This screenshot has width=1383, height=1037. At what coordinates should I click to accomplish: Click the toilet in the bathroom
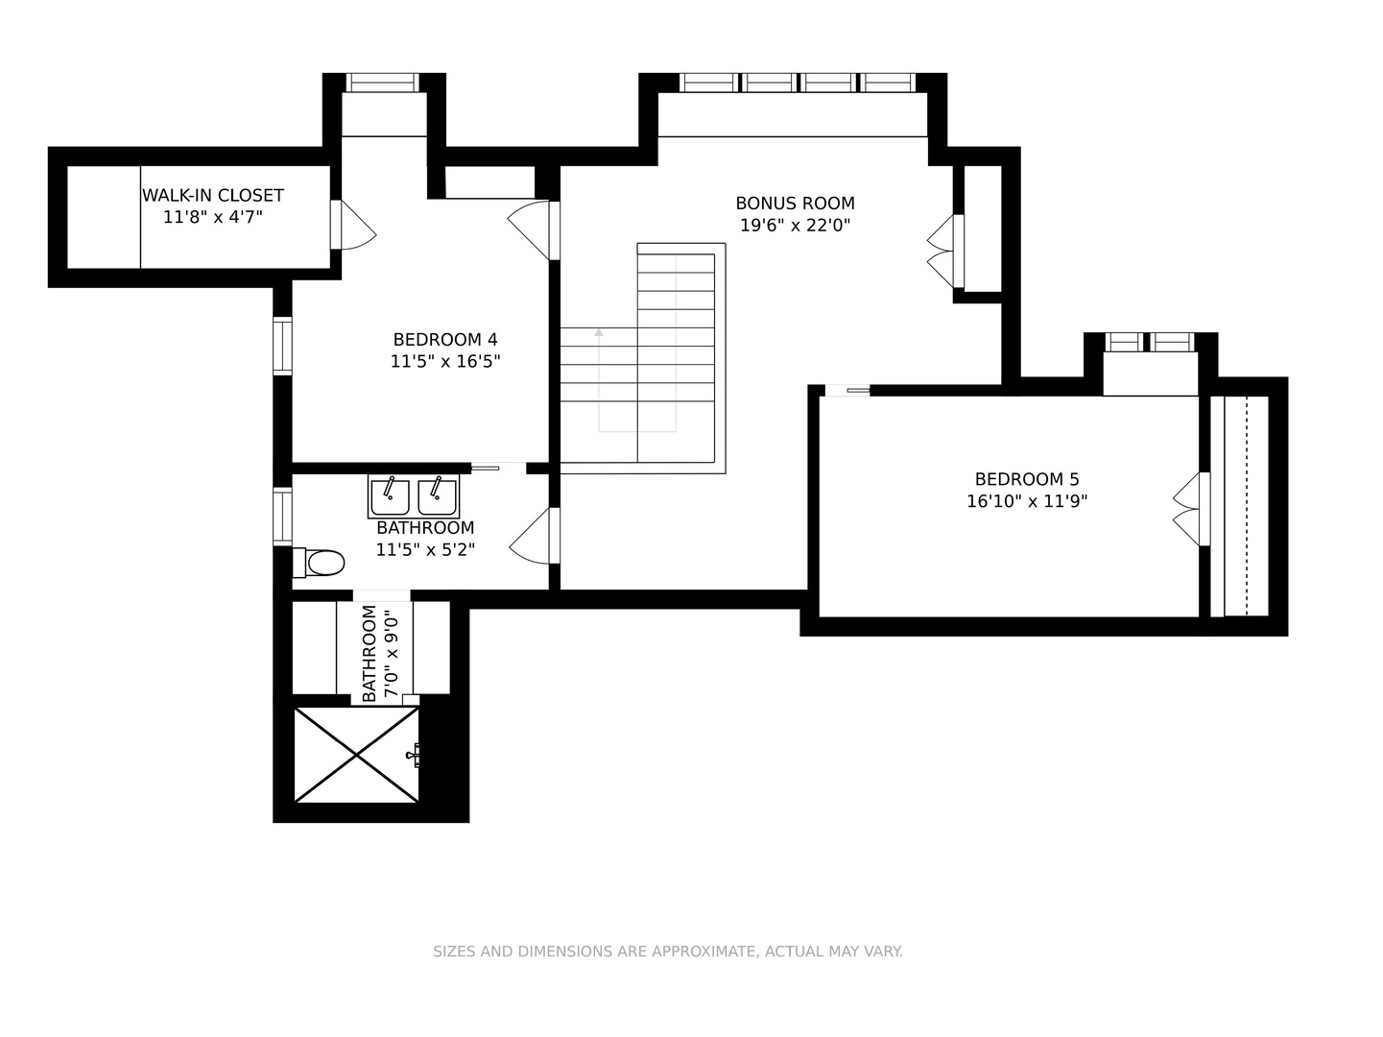click(x=319, y=563)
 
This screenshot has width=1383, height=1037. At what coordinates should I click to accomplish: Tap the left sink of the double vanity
click(x=390, y=496)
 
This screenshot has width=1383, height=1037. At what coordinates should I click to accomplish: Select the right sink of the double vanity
click(x=438, y=496)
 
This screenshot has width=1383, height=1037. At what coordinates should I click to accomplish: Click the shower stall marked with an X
click(x=356, y=755)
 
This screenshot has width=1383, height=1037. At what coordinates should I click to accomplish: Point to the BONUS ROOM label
click(x=795, y=204)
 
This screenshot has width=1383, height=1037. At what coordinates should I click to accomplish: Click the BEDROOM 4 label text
click(x=445, y=340)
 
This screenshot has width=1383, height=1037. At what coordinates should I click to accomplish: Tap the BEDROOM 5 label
click(x=1027, y=480)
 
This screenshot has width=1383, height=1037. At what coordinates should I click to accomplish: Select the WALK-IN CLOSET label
click(x=213, y=196)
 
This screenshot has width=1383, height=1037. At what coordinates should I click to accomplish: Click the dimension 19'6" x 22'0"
click(x=795, y=225)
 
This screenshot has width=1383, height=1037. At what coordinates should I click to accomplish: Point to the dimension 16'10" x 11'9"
click(x=1027, y=501)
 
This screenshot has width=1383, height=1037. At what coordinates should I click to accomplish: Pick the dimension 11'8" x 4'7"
click(x=213, y=217)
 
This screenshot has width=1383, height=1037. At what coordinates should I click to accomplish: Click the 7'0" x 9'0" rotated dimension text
click(x=392, y=653)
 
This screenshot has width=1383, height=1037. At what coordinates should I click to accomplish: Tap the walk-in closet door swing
click(x=353, y=225)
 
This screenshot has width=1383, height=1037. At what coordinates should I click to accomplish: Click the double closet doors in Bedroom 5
click(x=1191, y=509)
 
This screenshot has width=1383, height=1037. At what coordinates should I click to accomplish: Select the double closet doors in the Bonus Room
click(x=945, y=252)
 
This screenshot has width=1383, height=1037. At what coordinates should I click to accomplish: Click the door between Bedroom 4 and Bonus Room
click(x=534, y=230)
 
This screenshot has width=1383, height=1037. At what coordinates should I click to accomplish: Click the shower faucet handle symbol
click(x=414, y=755)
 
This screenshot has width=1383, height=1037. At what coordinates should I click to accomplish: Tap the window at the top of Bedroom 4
click(x=382, y=83)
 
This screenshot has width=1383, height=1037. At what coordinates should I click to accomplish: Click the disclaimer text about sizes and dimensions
click(x=667, y=952)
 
